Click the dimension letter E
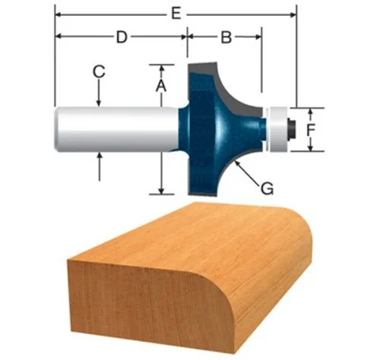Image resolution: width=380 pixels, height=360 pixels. pyautogui.click(x=177, y=14)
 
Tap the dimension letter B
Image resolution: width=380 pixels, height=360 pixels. pyautogui.click(x=225, y=36)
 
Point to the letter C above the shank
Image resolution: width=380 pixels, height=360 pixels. pyautogui.click(x=98, y=72)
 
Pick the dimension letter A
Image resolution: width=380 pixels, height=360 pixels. pyautogui.click(x=160, y=86)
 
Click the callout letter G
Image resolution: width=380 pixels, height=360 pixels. pyautogui.click(x=267, y=185)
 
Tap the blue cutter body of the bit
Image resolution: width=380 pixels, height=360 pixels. pyautogui.click(x=217, y=129)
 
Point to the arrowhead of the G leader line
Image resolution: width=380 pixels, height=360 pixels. pyautogui.click(x=238, y=163)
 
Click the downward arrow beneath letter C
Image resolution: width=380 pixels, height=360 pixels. pyautogui.click(x=100, y=102)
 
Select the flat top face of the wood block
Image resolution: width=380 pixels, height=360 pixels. pyautogui.click(x=190, y=232)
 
